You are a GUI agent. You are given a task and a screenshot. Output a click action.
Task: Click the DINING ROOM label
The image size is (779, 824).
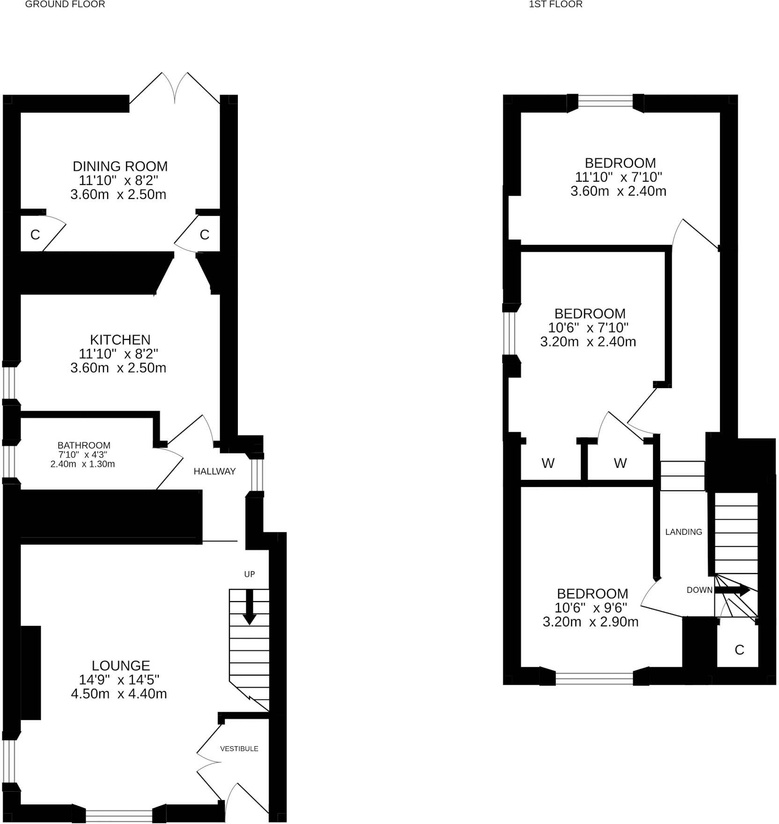120,166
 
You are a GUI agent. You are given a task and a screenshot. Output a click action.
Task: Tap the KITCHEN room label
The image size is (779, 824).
120,339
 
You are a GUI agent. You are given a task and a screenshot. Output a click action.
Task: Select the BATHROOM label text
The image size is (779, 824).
84,445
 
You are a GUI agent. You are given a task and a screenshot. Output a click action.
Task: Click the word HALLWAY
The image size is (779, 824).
214,471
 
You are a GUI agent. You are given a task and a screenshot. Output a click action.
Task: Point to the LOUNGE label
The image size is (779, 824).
121,665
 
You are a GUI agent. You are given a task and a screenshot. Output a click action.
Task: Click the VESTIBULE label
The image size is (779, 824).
239,749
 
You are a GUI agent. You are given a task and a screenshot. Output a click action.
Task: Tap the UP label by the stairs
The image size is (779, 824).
249,574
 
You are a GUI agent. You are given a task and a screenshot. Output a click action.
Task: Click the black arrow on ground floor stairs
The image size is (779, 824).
249,607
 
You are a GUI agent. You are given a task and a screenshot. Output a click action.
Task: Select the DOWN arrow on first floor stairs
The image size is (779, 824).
732,590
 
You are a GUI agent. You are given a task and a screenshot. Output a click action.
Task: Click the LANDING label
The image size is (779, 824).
683,532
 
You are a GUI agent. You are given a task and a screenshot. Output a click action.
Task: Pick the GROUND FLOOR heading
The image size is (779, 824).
65,5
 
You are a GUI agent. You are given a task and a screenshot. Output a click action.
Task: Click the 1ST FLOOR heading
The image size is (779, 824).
555,5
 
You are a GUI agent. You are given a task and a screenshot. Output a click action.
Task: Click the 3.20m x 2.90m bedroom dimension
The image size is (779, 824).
590,622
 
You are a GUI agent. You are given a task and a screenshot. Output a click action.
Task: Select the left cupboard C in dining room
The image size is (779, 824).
35,235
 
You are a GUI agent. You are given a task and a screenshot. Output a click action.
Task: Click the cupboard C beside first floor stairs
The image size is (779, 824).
739,650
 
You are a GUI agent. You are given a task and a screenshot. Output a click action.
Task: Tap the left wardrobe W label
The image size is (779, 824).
548,463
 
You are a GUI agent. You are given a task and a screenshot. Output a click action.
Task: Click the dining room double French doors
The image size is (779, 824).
175,89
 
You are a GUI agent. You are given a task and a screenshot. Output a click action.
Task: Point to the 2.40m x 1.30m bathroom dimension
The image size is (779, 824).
82,464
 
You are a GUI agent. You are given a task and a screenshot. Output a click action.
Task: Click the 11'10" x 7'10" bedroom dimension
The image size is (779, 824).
618,177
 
